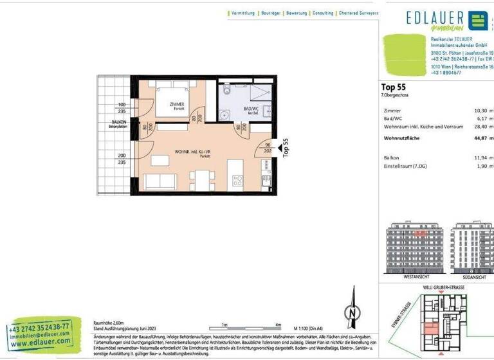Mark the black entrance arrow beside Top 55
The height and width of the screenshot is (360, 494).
click(x=279, y=149)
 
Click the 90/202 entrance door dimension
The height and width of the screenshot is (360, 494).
click(x=268, y=148)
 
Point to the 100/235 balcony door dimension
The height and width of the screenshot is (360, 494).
click(x=121, y=107)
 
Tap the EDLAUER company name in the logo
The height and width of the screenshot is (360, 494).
click(x=435, y=17)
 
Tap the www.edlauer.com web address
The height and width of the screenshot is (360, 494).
click(x=40, y=343)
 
